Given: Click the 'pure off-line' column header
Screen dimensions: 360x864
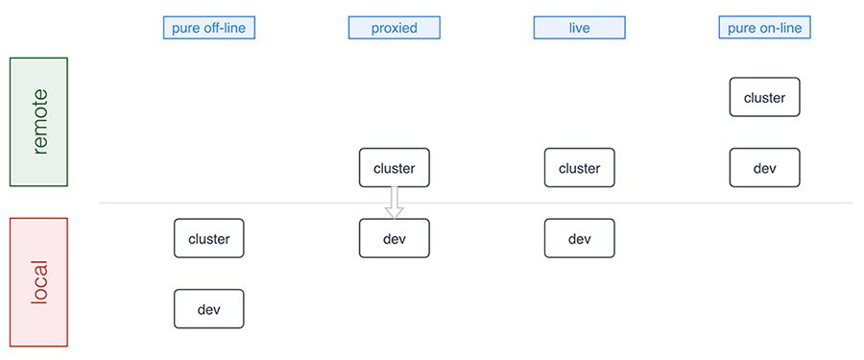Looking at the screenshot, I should pos(208,28).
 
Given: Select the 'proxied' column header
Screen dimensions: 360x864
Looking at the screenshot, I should pos(394,28).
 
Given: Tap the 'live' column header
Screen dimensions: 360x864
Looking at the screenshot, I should pos(579,28).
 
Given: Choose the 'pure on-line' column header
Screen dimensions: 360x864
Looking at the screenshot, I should pos(765,28).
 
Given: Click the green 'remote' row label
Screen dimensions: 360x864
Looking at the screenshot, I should pos(38,122).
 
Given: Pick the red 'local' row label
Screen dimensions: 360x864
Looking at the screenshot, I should pos(38,282).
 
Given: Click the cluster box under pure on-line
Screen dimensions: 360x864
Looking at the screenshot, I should pos(764,98).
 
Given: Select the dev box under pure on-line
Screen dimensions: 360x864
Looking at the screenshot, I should pos(764,168).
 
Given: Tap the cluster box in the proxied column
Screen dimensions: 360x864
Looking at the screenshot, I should pos(394,168).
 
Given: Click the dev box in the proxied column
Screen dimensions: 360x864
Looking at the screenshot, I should pos(394,238).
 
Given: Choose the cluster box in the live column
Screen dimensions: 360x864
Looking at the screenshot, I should pos(579,168).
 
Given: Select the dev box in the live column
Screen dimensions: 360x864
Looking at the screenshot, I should pos(579,238).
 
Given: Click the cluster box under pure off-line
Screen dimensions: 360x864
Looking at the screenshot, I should pos(208,238).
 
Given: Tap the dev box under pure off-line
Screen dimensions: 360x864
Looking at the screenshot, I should pos(208,309).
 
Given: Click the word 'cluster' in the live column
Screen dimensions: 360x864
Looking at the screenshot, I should pos(579,168).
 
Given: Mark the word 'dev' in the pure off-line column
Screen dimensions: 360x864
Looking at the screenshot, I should pos(208,309).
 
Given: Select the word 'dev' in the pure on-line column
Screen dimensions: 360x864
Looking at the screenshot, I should pos(764,168).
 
